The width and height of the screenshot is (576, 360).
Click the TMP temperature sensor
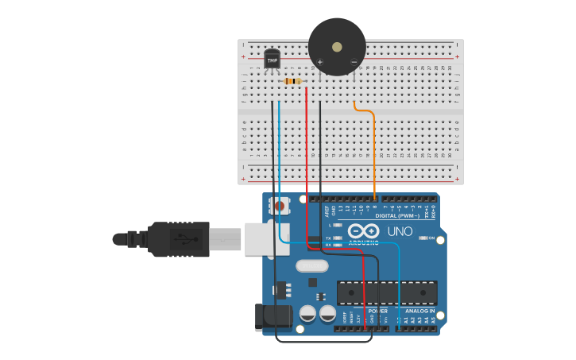[272, 59]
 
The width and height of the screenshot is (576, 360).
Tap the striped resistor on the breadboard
[292, 81]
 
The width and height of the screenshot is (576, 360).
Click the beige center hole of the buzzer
[337, 47]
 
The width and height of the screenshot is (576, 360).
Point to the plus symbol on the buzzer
[320, 62]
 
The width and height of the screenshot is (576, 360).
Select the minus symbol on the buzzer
[354, 62]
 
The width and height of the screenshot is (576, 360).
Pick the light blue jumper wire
[279, 159]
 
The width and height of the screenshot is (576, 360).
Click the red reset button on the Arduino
[278, 206]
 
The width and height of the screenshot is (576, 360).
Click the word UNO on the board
[400, 231]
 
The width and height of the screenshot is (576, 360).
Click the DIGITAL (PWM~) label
[397, 215]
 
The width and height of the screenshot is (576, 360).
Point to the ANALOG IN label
[420, 311]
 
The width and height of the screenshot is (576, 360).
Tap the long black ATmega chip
[387, 292]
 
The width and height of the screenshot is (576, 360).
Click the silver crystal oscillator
[311, 266]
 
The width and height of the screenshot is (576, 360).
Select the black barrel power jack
[273, 316]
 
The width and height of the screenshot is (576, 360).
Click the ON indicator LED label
[431, 238]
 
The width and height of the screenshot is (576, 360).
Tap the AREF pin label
[327, 210]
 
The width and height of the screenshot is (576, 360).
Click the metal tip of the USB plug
[226, 238]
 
